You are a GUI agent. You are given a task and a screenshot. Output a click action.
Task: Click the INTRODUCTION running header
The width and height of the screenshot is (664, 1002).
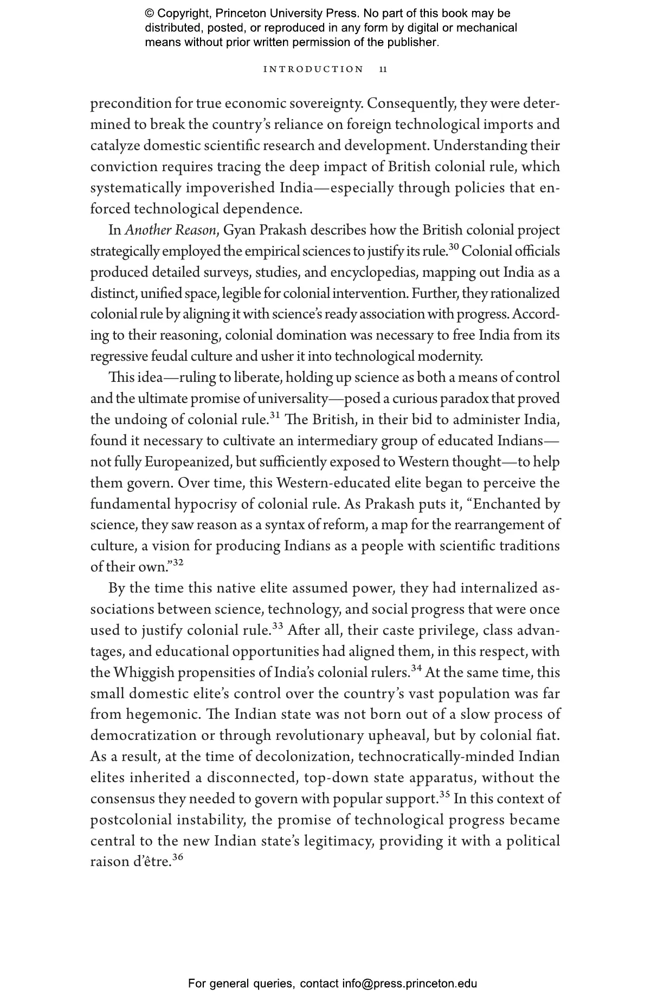[x=313, y=69]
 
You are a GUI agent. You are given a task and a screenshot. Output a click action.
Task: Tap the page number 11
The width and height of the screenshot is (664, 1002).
[x=383, y=69]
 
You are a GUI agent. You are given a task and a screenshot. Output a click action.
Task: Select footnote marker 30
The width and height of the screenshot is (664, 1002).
[x=454, y=248]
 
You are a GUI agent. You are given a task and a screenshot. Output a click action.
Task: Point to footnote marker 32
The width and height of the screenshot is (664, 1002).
[x=178, y=563]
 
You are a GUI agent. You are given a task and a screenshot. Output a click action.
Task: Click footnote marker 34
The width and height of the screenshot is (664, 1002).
[x=416, y=668]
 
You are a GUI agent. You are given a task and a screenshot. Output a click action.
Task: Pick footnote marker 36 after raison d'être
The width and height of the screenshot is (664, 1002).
[x=178, y=857]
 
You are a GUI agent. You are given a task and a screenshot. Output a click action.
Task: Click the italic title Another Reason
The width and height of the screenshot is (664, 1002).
[x=170, y=230]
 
